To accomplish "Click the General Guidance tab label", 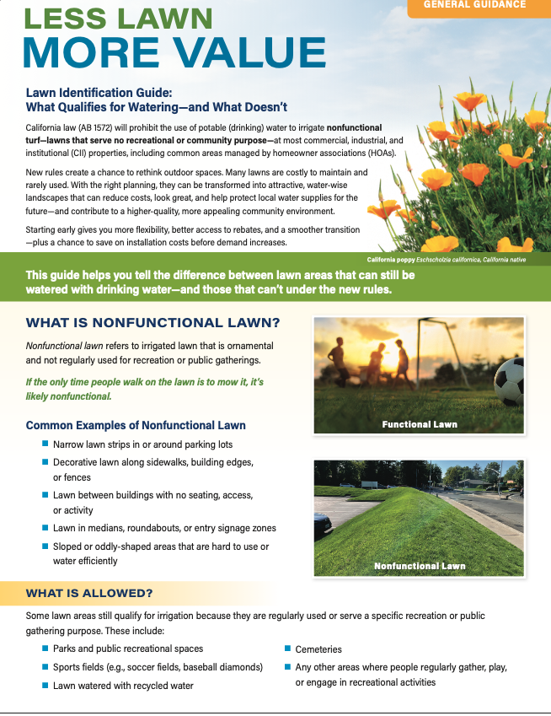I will (474, 5).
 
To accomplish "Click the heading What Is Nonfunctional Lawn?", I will (152, 323).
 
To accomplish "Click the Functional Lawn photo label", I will (419, 424).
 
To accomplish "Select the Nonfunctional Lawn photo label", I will (419, 566).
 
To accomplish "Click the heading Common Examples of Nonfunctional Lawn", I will (136, 425).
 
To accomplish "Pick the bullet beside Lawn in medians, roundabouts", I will (45, 528).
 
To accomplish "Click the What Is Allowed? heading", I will (88, 593).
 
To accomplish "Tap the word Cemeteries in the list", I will (318, 649).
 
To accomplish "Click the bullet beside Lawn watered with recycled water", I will (45, 686).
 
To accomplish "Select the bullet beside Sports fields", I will (45, 667).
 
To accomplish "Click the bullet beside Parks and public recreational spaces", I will (45, 649).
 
